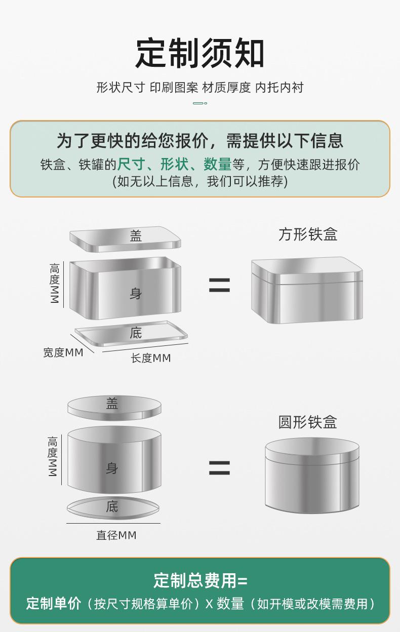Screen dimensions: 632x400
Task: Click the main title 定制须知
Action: coord(200,54)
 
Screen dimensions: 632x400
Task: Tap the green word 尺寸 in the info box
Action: coord(131,165)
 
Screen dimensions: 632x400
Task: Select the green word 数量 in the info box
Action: coord(217,165)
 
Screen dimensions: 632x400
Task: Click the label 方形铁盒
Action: coord(307,234)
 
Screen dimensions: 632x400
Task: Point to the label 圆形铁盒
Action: coord(307,422)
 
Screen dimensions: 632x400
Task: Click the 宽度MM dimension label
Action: coord(63,352)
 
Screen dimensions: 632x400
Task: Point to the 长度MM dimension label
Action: coord(151,358)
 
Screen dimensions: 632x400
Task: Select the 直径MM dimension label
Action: coord(116,535)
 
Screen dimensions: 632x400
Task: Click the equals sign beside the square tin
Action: coord(219,286)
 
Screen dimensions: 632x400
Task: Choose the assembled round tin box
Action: coord(312,475)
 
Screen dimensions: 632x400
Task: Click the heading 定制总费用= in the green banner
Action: coord(200,581)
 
